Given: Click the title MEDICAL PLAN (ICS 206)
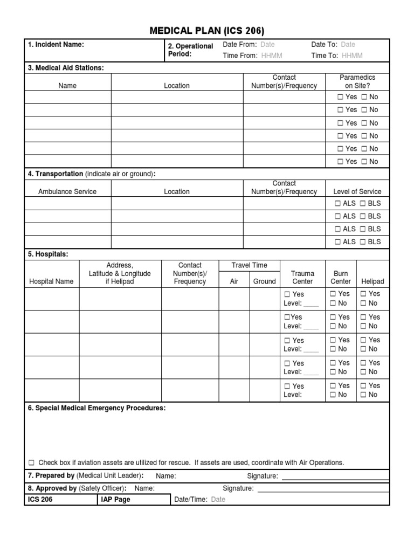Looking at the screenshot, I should tap(206, 30).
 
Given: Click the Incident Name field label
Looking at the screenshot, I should tap(56, 45).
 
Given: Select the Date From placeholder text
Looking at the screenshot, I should tap(268, 45).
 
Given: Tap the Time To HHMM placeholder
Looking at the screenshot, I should tap(352, 56).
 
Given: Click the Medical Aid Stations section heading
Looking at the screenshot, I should tap(66, 67).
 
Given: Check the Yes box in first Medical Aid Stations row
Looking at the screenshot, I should tap(340, 97).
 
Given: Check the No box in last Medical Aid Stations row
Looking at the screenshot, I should tap(364, 162).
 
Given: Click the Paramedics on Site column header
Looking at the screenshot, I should tap(357, 81).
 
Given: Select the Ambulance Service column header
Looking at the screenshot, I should tap(67, 191).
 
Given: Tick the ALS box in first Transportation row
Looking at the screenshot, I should tap(337, 203).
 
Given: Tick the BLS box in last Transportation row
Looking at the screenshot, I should tap(363, 242).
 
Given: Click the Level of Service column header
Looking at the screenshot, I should tap(357, 191).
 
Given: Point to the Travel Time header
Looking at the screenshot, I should tap(249, 265).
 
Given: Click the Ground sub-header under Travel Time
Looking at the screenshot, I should tap(264, 281).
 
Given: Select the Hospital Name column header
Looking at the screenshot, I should tap(51, 281).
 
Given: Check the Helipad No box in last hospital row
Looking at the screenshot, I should tap(364, 395).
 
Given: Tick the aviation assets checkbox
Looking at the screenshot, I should tap(31, 463).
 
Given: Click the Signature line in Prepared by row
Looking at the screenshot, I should tap(335, 477).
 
